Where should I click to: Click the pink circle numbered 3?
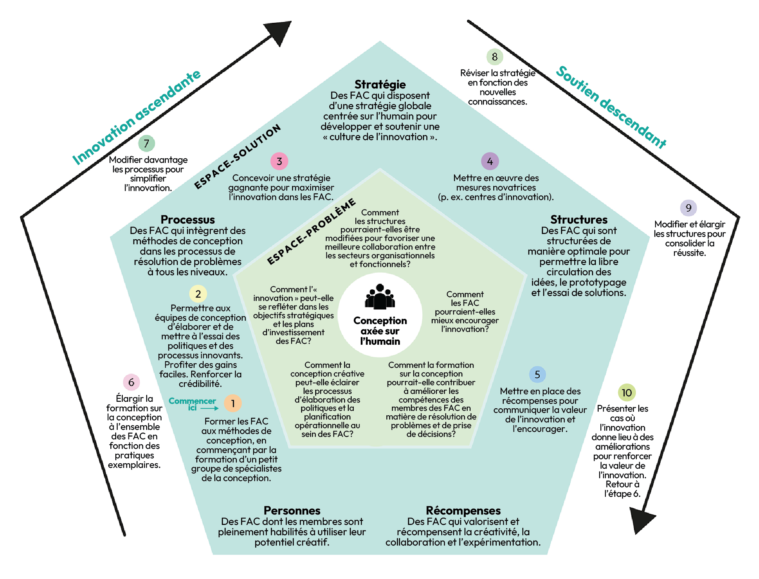click(x=279, y=161)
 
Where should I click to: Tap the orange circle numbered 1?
click(x=233, y=403)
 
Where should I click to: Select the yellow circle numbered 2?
click(x=198, y=294)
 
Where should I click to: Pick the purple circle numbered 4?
click(x=490, y=161)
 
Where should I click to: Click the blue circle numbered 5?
click(x=537, y=374)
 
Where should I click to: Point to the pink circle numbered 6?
click(x=131, y=382)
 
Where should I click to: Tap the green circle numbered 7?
click(x=146, y=143)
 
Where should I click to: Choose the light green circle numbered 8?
click(x=495, y=57)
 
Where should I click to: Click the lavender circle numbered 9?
click(x=688, y=208)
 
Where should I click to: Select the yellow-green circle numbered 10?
click(x=626, y=393)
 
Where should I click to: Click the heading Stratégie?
click(x=380, y=84)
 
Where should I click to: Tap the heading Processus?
click(x=188, y=219)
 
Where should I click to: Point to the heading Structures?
click(x=579, y=219)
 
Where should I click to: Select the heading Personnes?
click(x=292, y=510)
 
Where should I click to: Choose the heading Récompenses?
click(x=463, y=510)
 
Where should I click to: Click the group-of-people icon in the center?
click(x=380, y=297)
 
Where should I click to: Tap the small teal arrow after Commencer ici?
click(x=210, y=408)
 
